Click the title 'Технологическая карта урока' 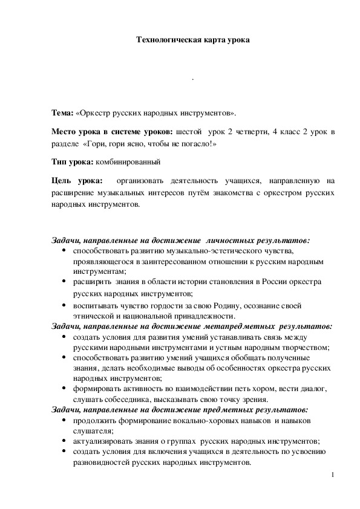pos(192,40)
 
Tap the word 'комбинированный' pos(128,163)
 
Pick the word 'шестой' pos(189,131)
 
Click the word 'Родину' pos(226,306)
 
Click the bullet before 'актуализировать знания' pos(64,441)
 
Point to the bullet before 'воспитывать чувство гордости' pos(64,306)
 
